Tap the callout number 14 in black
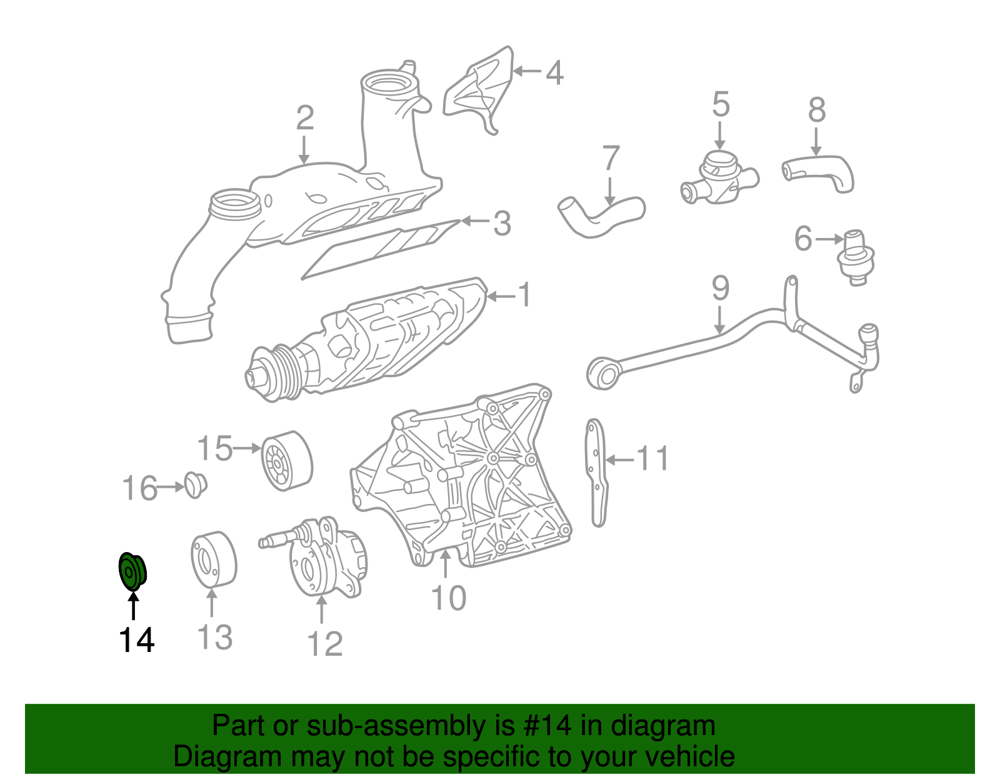coord(136,641)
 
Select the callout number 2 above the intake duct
coord(304,118)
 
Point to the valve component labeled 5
coord(719,178)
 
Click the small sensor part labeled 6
coord(855,257)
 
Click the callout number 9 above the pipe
coord(720,289)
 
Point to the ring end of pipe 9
coord(602,373)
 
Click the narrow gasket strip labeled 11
coord(596,471)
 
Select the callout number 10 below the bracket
coord(449,598)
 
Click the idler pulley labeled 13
coord(213,560)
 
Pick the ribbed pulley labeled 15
coord(286,461)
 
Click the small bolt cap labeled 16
coord(196,485)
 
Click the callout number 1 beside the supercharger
coord(525,295)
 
